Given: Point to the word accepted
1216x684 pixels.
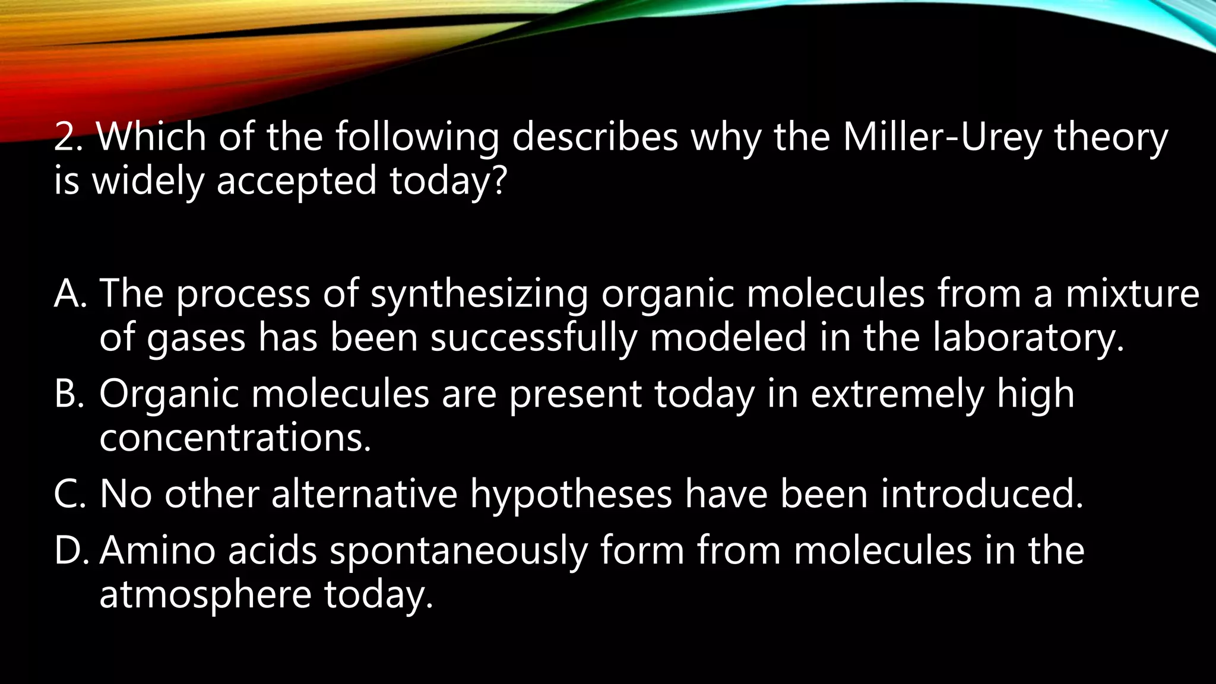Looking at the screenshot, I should coord(296,181).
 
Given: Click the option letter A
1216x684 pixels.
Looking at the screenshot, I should coord(70,293).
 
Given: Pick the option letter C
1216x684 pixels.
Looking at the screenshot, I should coord(70,493).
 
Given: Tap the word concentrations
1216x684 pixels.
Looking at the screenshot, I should coord(235,438).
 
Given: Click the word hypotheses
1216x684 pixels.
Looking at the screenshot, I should coord(571,495).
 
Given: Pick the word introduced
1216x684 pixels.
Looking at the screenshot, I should coord(982,493).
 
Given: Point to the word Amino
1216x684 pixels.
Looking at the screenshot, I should coord(157,550).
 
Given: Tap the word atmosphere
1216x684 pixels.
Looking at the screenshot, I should coord(205,595).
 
